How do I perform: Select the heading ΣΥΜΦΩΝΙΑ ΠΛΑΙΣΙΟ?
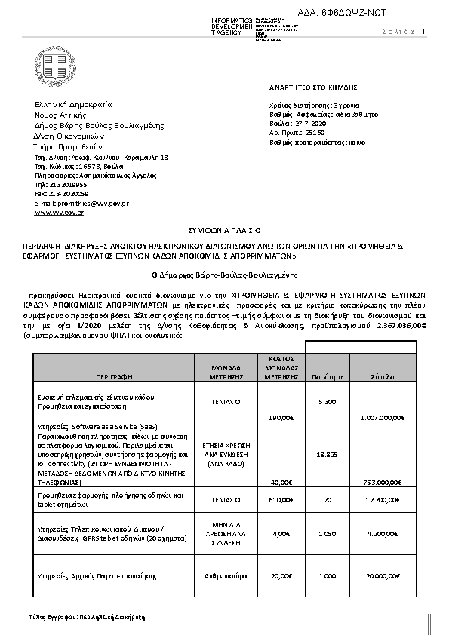223,227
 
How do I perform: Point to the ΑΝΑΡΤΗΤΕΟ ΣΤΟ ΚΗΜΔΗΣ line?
302,87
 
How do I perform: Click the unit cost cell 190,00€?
281,416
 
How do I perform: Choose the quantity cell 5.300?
327,402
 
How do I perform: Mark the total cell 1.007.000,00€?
383,416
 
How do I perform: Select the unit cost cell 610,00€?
281,498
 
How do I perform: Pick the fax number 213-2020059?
63,193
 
